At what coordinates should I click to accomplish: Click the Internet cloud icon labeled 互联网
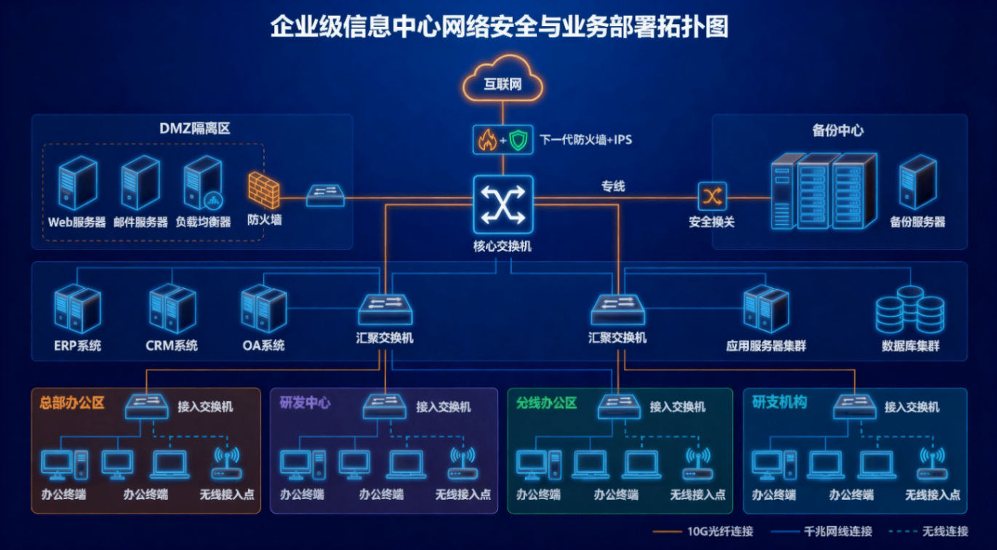(x=503, y=80)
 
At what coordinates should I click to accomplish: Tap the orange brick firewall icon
(x=263, y=191)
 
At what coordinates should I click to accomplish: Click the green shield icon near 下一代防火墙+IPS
(x=517, y=140)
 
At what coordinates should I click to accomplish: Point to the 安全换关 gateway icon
(x=711, y=196)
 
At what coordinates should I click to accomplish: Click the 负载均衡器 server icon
(x=203, y=183)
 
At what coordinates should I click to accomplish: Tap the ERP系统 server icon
(x=77, y=309)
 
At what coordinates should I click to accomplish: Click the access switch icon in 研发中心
(x=385, y=406)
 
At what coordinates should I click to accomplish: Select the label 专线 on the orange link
(x=612, y=186)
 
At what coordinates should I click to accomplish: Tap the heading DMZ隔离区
(x=194, y=129)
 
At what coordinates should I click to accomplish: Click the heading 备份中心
(x=838, y=131)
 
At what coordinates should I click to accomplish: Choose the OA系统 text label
(x=263, y=346)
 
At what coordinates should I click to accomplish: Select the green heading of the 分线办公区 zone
(x=546, y=402)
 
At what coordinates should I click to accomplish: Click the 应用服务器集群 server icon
(x=766, y=309)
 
